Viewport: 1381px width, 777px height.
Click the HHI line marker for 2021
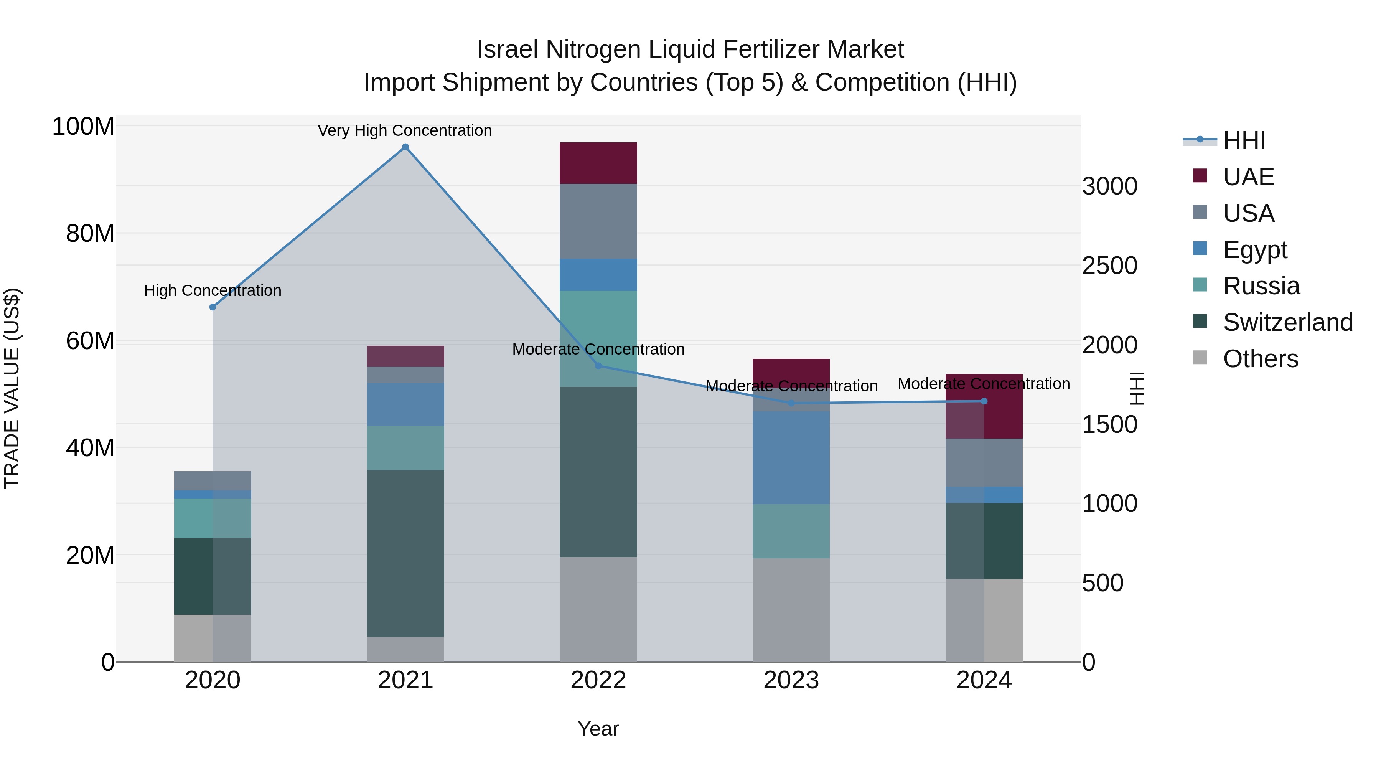click(x=405, y=147)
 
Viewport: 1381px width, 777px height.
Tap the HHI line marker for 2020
click(x=213, y=307)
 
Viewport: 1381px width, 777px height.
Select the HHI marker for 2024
click(x=984, y=401)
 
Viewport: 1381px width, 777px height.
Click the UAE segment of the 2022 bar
click(x=598, y=163)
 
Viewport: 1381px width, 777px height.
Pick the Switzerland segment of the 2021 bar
click(x=405, y=553)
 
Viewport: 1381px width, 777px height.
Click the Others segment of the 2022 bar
click(x=598, y=609)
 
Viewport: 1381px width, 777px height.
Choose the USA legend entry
click(x=1248, y=213)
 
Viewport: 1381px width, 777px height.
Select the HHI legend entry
click(x=1244, y=140)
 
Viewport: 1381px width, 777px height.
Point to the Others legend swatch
click(x=1200, y=358)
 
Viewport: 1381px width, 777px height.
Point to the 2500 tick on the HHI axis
click(x=1109, y=266)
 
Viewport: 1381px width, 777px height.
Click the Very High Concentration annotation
click(x=405, y=131)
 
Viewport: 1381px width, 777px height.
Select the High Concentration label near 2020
click(x=213, y=290)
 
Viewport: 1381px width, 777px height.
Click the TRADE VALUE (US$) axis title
click(x=12, y=388)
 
